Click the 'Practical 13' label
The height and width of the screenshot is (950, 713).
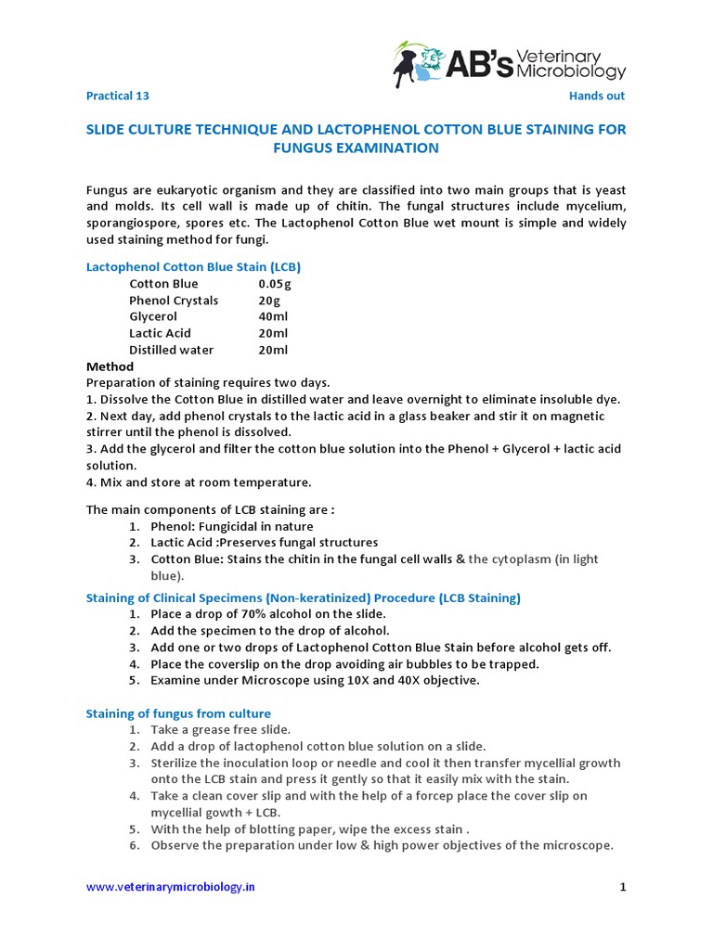[x=117, y=96]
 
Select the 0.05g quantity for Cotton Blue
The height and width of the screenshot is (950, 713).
[x=275, y=284]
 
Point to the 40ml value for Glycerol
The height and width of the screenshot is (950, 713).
[x=273, y=316]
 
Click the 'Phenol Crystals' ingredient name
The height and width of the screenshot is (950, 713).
[x=174, y=301]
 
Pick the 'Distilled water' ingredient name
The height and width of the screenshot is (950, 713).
[x=171, y=350]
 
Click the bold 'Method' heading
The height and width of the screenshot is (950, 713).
[x=110, y=366]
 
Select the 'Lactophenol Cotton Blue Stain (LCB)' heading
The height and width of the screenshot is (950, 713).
[x=193, y=267]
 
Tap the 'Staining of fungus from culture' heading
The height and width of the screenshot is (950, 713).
[x=178, y=713]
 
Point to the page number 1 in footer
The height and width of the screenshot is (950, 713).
[x=624, y=887]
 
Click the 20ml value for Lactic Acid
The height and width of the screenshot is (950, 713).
[x=273, y=333]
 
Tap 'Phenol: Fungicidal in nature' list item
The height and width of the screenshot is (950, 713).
[x=232, y=526]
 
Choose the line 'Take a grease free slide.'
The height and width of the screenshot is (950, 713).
[x=220, y=730]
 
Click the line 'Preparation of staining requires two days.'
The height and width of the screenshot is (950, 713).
[x=208, y=382]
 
